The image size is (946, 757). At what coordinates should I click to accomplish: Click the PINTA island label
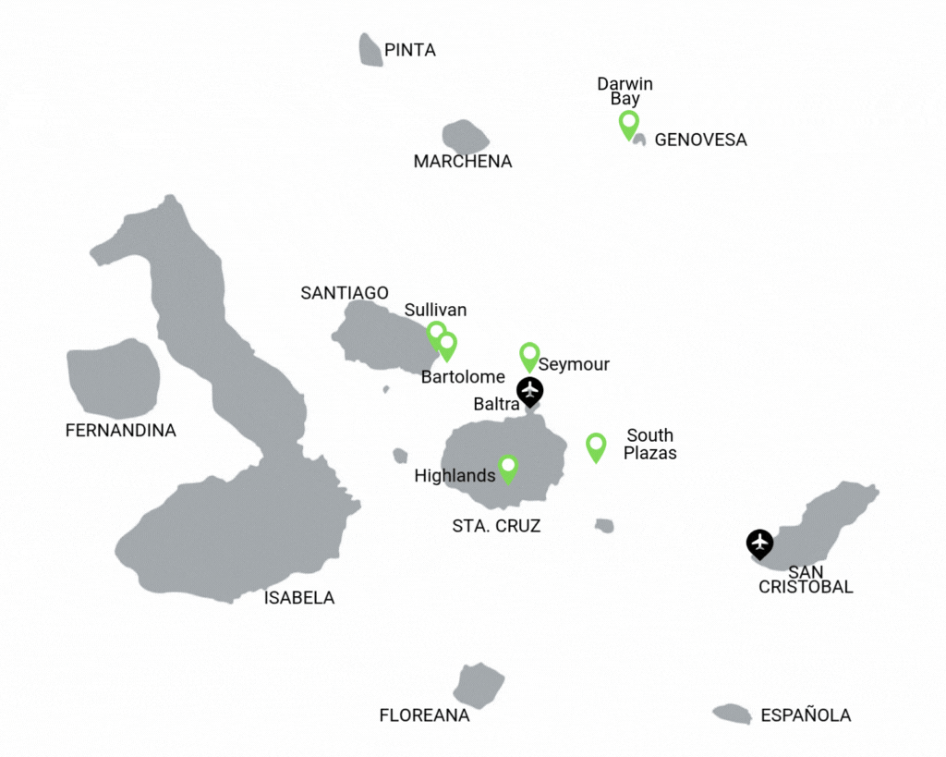click(409, 50)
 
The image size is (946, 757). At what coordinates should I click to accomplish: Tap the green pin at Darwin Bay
click(628, 123)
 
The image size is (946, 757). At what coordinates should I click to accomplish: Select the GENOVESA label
click(700, 140)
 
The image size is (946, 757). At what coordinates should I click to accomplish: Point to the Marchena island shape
click(465, 137)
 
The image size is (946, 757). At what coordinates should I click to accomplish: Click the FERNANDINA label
click(120, 431)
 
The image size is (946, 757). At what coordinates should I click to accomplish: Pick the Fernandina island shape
click(113, 378)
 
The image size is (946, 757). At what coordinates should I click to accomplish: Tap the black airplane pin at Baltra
click(529, 391)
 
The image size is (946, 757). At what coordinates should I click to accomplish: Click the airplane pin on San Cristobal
click(759, 543)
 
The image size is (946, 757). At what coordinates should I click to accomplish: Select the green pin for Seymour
click(529, 355)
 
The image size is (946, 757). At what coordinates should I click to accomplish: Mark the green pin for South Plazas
click(596, 446)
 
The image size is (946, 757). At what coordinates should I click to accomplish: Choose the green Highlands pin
click(508, 468)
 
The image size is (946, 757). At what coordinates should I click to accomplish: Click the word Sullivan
click(435, 310)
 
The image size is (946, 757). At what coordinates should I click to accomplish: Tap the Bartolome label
click(463, 377)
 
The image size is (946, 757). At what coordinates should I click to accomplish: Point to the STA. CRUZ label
click(496, 527)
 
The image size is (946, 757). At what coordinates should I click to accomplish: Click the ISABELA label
click(299, 598)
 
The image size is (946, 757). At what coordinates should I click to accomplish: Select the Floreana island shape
click(479, 685)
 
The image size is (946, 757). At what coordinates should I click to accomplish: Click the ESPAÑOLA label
click(806, 715)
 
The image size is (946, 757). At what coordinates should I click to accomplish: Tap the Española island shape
click(732, 714)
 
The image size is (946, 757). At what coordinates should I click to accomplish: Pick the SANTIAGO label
click(345, 293)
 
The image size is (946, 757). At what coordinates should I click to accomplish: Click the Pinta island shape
click(370, 50)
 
